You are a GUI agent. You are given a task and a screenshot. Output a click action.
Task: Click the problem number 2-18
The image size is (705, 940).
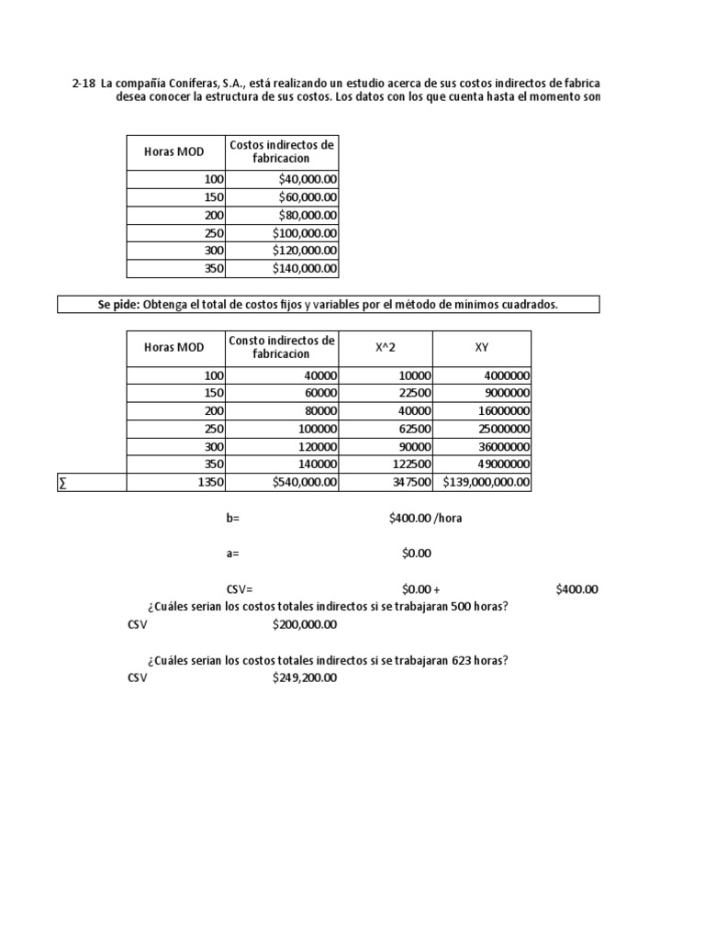[84, 84]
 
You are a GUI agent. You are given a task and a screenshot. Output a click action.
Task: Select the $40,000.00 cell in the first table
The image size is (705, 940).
[308, 179]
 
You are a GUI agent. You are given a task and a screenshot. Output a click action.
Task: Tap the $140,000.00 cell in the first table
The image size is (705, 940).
[305, 269]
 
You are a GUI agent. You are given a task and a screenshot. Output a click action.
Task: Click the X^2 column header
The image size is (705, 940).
[386, 347]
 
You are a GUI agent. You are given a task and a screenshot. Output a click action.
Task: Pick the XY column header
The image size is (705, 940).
[482, 347]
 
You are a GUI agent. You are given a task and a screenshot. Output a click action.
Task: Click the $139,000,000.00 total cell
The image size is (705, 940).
[487, 482]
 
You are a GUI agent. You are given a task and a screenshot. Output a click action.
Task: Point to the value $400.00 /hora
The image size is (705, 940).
[425, 518]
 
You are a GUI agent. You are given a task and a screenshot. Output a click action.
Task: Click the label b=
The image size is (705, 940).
[232, 518]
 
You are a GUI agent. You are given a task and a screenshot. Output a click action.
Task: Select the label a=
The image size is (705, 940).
[232, 554]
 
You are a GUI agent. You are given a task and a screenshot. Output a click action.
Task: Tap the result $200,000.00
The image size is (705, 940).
[305, 625]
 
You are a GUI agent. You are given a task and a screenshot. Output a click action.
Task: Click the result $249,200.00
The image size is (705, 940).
[305, 678]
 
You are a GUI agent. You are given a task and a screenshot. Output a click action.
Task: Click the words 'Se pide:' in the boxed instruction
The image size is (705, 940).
[118, 304]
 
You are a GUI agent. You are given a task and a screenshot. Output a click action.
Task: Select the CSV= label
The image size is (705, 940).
[239, 589]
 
